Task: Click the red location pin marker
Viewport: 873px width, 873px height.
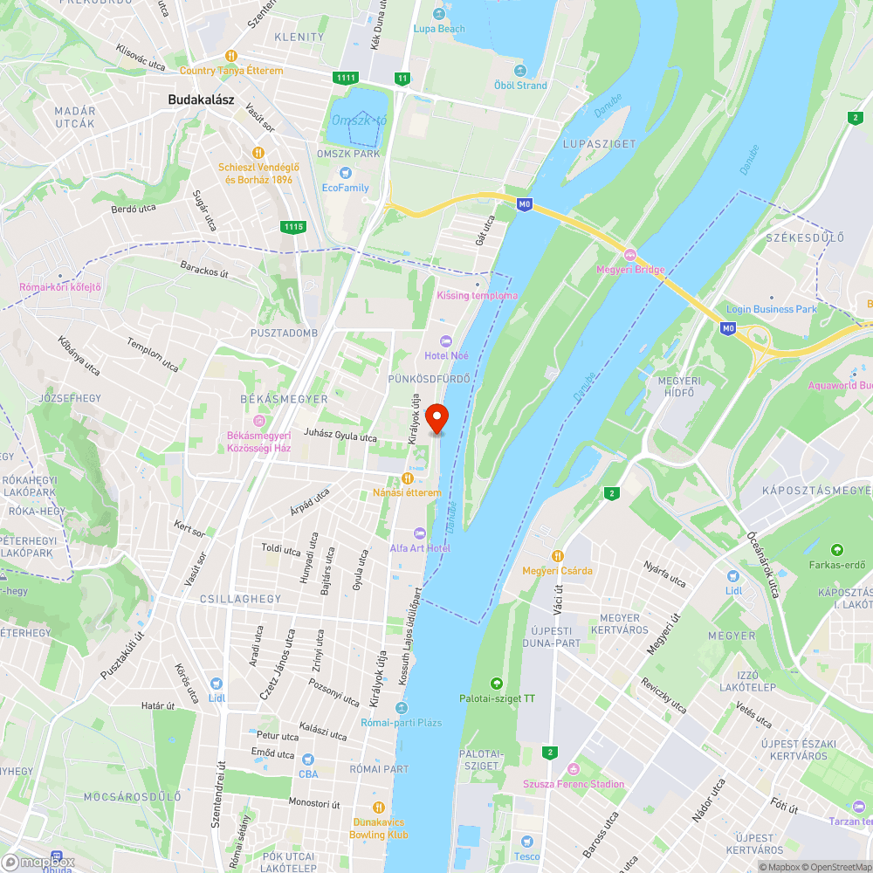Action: (x=436, y=418)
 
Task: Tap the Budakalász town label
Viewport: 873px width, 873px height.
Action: (x=202, y=100)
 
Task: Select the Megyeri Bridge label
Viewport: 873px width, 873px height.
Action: (x=630, y=269)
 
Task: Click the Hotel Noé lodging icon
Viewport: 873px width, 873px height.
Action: (x=447, y=340)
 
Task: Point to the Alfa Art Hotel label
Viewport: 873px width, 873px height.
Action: (x=420, y=547)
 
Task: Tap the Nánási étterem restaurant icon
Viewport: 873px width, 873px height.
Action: (x=407, y=478)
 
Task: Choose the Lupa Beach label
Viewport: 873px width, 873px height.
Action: (x=438, y=29)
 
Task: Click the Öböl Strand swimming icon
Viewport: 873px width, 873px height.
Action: (x=521, y=71)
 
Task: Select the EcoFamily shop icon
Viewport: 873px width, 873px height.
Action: (x=346, y=173)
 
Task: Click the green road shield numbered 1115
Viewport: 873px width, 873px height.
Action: (x=293, y=227)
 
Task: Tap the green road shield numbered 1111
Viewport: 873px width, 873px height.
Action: (x=346, y=78)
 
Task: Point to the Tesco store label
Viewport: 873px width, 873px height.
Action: (x=526, y=856)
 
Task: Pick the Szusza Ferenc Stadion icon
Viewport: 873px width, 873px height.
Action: (x=573, y=769)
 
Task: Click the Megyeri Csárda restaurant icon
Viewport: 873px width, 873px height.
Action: (x=557, y=555)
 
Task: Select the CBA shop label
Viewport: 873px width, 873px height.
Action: (x=308, y=773)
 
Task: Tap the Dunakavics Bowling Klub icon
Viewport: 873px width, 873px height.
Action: (x=379, y=807)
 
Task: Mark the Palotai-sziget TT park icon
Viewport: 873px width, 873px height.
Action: (x=497, y=683)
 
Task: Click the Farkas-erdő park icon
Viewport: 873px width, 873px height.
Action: (x=837, y=549)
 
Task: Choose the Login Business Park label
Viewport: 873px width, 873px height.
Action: (x=771, y=309)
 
